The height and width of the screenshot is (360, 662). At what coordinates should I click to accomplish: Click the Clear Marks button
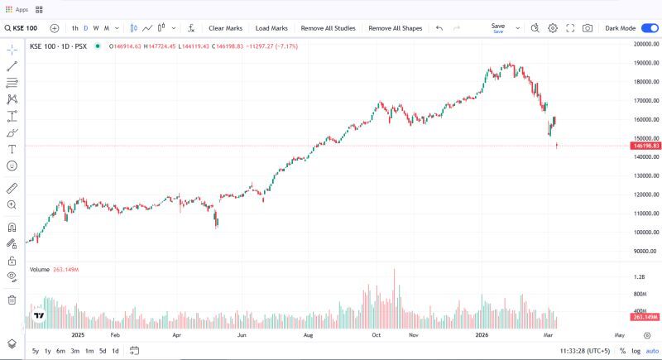(x=224, y=28)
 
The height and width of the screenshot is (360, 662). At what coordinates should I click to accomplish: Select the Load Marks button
(x=271, y=28)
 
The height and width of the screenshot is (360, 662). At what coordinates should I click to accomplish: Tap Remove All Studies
(x=328, y=28)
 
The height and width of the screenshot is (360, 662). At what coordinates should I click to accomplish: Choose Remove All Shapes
(x=395, y=28)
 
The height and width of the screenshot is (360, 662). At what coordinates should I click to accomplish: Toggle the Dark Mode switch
(x=650, y=28)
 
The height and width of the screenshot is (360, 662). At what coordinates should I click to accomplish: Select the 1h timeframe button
(x=75, y=28)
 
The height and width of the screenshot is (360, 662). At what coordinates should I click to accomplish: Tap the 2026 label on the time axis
(x=484, y=336)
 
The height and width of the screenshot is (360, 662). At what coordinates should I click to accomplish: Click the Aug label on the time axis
(x=308, y=336)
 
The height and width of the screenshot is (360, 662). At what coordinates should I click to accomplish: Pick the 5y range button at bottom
(x=36, y=351)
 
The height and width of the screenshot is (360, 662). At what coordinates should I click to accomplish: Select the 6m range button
(x=60, y=351)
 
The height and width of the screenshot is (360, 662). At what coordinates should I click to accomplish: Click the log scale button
(x=636, y=351)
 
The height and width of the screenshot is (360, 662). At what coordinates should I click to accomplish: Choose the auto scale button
(x=652, y=351)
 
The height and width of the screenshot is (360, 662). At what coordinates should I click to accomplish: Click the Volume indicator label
(x=39, y=270)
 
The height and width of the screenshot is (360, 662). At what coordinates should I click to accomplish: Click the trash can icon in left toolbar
(x=12, y=300)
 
